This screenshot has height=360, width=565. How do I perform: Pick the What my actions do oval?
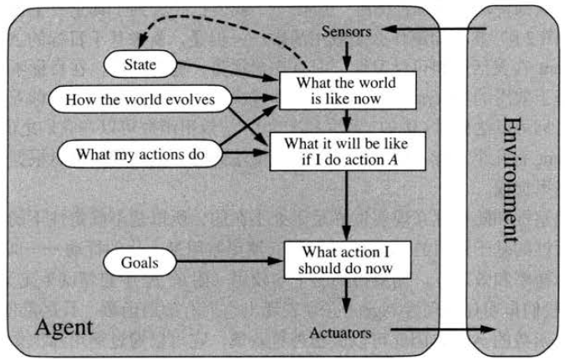[x=141, y=154]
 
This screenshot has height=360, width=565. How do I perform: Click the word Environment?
[x=511, y=180]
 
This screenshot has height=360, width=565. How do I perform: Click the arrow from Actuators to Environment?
[x=435, y=330]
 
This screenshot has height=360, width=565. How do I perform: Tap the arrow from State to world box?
[x=230, y=73]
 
